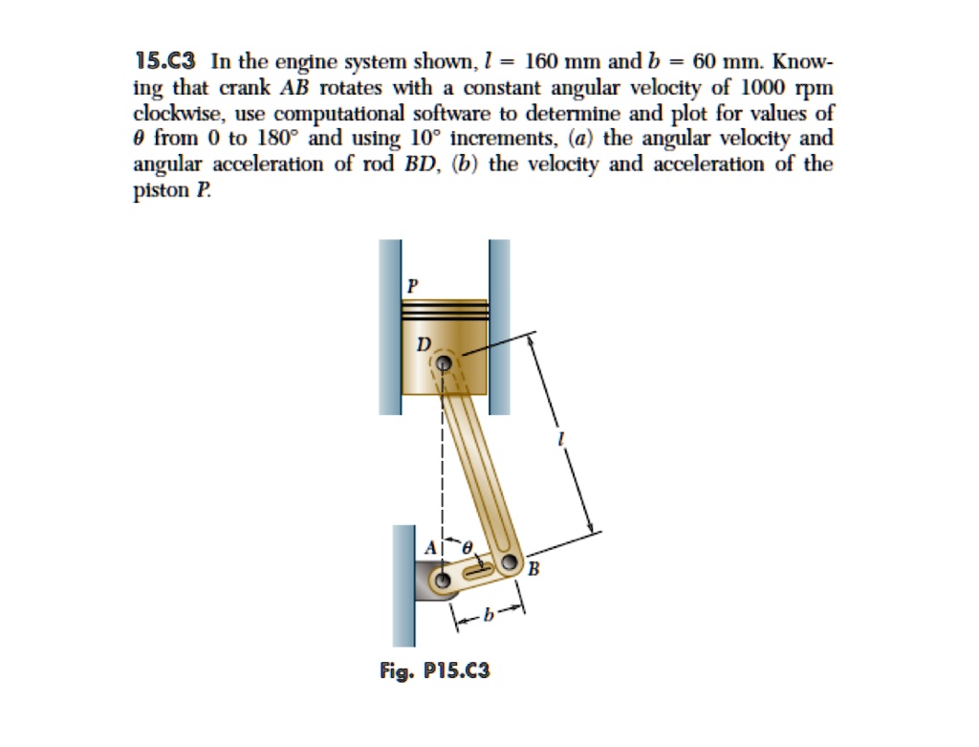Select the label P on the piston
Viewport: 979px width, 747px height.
coord(412,284)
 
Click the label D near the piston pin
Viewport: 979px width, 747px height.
coord(424,341)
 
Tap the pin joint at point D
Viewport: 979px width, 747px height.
coord(444,363)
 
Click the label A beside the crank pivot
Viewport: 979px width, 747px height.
coord(430,548)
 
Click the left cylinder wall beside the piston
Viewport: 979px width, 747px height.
coord(389,325)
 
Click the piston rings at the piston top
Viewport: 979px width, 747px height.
coord(445,310)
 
